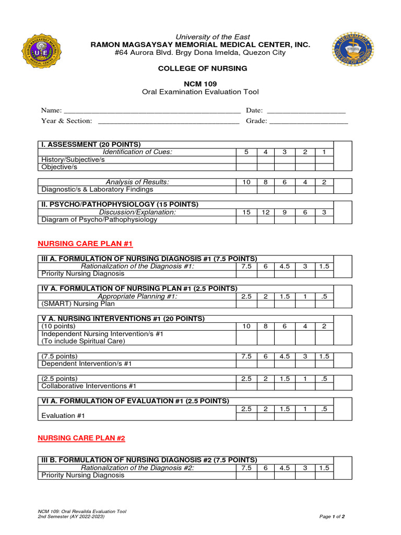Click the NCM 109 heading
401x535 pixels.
click(200, 84)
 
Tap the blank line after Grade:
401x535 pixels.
click(308, 122)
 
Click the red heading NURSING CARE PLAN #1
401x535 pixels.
click(86, 243)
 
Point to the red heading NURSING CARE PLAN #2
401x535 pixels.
click(81, 438)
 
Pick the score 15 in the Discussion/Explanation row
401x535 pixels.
click(246, 212)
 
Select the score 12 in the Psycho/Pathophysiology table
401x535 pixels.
click(265, 212)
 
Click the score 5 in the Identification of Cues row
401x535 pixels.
click(246, 152)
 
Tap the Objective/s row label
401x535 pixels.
click(60, 167)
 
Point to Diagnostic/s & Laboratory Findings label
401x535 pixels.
click(97, 190)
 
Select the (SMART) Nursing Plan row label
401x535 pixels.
click(78, 304)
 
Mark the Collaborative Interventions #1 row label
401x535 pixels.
click(89, 386)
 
